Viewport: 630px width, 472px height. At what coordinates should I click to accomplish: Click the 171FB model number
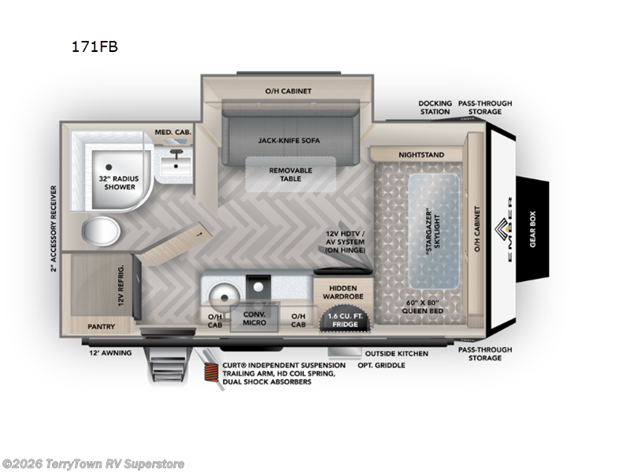tap(94, 46)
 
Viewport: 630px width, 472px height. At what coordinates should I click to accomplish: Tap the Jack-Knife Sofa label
tap(290, 140)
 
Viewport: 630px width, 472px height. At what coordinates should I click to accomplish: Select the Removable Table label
tap(291, 175)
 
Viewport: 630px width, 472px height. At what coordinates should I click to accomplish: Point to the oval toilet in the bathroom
tap(103, 234)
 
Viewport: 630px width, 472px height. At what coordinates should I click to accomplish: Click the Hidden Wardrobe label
tap(343, 293)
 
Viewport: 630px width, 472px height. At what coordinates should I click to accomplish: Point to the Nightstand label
tap(421, 155)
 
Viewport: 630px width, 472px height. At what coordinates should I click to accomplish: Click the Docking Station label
tap(435, 107)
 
